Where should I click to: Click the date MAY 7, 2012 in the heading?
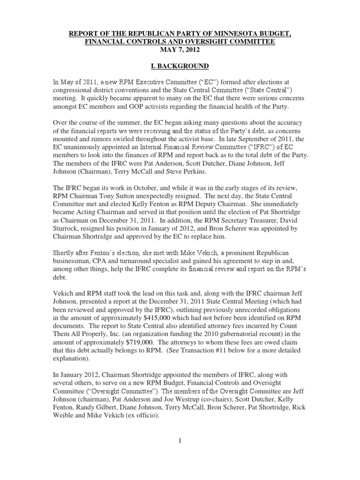[180, 50]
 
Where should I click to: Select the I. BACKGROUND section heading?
[180, 67]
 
